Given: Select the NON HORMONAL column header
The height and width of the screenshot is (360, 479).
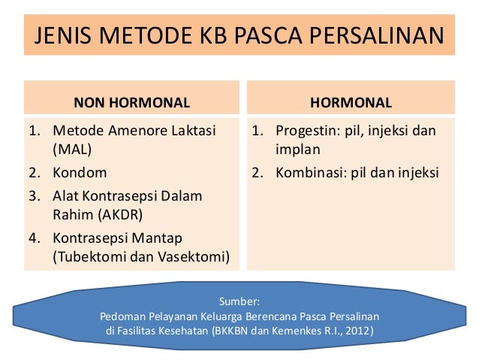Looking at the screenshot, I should (131, 101).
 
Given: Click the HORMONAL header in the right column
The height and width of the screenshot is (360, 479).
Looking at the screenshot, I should (351, 101).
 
